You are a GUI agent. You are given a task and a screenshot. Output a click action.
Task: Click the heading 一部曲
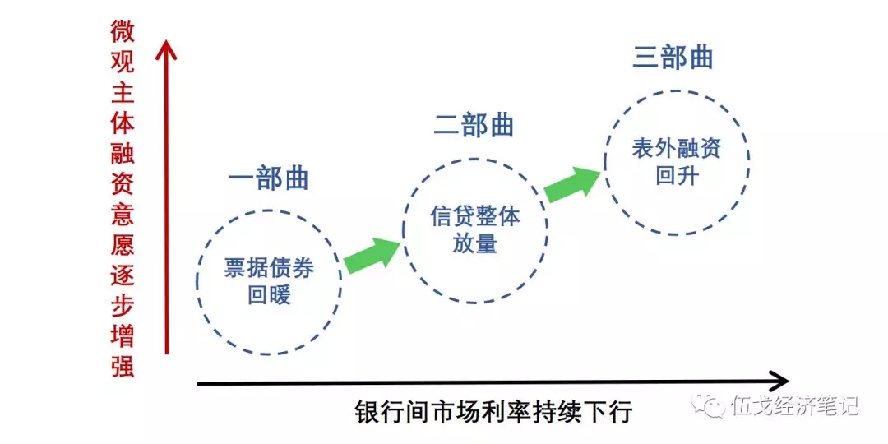point(268,178)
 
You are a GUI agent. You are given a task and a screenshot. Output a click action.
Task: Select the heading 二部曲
point(474,125)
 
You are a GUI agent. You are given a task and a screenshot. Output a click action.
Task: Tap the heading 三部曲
point(673,57)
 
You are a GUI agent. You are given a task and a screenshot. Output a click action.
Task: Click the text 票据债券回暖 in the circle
point(269,281)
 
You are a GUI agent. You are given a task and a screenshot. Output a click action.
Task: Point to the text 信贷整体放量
point(474,229)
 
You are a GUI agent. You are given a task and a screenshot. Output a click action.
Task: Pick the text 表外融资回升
point(676,162)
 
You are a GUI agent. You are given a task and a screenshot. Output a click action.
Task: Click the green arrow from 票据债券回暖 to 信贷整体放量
point(371,254)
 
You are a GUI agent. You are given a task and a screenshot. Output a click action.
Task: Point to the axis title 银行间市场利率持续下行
point(494,411)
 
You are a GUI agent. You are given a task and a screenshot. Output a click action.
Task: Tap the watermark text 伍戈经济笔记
point(793,406)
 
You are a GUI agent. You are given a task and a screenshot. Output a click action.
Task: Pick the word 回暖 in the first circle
point(269,294)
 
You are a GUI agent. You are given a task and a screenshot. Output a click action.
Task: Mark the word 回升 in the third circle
point(676,175)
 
